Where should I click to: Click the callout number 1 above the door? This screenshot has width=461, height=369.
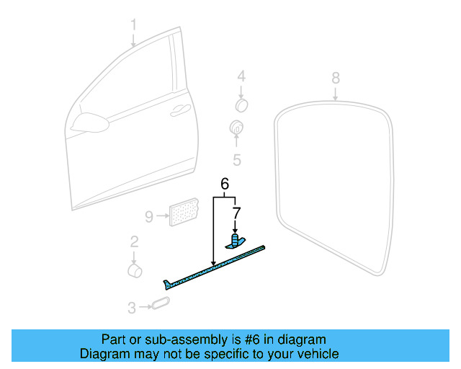point(133,25)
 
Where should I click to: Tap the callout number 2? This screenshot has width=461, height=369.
point(135,242)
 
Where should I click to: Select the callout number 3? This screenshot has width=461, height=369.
point(132,308)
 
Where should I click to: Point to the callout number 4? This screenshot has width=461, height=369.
point(241,76)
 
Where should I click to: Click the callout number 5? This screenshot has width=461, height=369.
point(237,160)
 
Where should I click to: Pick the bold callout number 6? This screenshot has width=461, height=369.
point(225,184)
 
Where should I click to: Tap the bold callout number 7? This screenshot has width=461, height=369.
point(236,213)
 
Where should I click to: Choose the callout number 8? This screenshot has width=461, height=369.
point(336,79)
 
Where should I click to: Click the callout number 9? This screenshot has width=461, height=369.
point(149,217)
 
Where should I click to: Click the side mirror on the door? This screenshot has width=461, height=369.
point(89,123)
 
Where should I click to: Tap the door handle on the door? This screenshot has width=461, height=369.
point(180,110)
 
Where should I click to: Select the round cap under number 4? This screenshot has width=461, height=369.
point(242,105)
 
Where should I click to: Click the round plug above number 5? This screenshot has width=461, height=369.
point(236,128)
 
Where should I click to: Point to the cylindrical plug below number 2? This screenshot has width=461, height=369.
point(135,271)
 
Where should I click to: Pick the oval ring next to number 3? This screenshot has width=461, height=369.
point(161,303)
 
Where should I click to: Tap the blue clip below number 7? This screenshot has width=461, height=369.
point(236,241)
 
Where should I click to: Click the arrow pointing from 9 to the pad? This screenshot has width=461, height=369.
point(163,216)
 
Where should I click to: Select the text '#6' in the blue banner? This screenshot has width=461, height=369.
point(252,339)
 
